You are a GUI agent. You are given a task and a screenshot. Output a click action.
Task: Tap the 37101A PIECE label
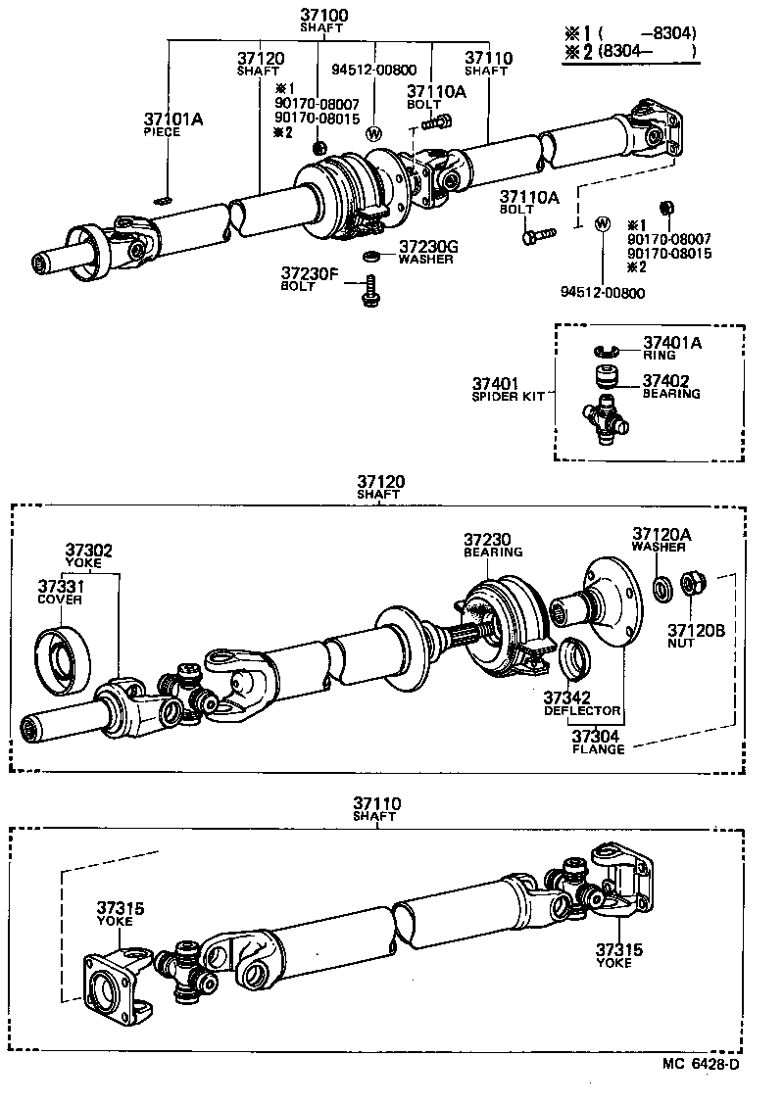tap(173, 124)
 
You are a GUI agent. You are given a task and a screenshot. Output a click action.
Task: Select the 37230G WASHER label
tap(426, 253)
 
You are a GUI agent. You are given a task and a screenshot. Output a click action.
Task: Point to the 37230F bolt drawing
tap(370, 290)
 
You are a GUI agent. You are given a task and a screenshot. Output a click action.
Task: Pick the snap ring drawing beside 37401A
tap(609, 351)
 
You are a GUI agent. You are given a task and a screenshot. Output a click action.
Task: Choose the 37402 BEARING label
tap(670, 387)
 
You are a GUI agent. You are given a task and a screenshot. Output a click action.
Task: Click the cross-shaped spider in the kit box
tap(606, 421)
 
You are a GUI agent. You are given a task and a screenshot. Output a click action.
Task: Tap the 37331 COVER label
tap(61, 592)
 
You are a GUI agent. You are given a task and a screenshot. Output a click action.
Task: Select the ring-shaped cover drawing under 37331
tap(63, 657)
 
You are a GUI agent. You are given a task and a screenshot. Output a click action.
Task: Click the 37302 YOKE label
tap(89, 556)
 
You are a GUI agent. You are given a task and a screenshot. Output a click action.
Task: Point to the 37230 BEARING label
tap(493, 546)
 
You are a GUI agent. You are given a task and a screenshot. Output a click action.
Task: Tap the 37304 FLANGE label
tap(598, 742)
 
